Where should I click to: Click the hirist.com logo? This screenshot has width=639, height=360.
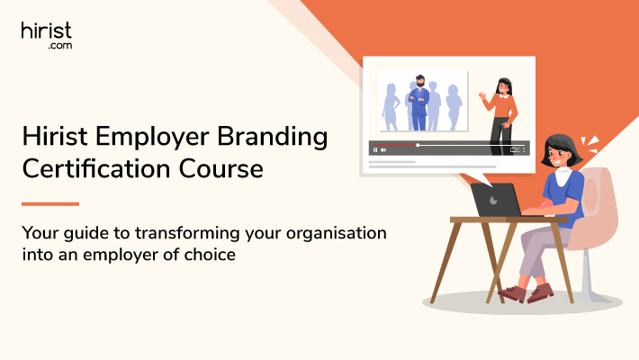[47, 35]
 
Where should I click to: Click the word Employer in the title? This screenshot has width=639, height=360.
[152, 138]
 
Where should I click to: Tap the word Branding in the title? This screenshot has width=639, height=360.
[272, 138]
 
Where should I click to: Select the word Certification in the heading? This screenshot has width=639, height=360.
[96, 169]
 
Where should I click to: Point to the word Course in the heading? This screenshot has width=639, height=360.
[220, 169]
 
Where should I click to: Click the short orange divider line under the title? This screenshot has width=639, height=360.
[50, 204]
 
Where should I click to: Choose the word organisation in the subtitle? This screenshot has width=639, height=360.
[337, 233]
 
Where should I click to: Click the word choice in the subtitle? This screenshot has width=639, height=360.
[210, 255]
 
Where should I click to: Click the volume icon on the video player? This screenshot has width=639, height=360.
[383, 150]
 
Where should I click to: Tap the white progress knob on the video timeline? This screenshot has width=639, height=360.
[418, 145]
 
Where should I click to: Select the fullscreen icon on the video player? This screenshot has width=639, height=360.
[523, 150]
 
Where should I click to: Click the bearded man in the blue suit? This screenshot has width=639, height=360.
[418, 103]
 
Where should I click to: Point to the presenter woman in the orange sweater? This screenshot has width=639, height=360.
[500, 116]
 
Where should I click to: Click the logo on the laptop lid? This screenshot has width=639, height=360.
[493, 200]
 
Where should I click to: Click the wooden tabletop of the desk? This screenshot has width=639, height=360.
[508, 220]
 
